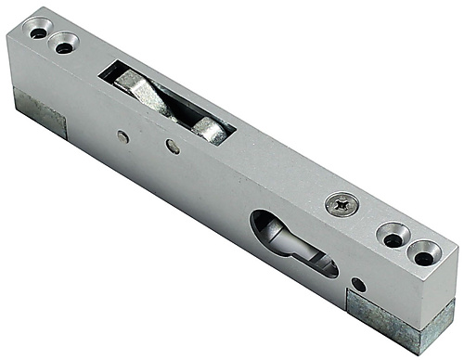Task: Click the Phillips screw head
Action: coord(342,204)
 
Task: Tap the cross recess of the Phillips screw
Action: coord(342,204)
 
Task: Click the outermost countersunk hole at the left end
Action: coord(37,32)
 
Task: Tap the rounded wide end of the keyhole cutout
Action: coord(267,227)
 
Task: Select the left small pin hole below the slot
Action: coord(123,135)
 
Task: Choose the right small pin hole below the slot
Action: coord(173,146)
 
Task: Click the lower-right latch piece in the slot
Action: coord(210,130)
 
